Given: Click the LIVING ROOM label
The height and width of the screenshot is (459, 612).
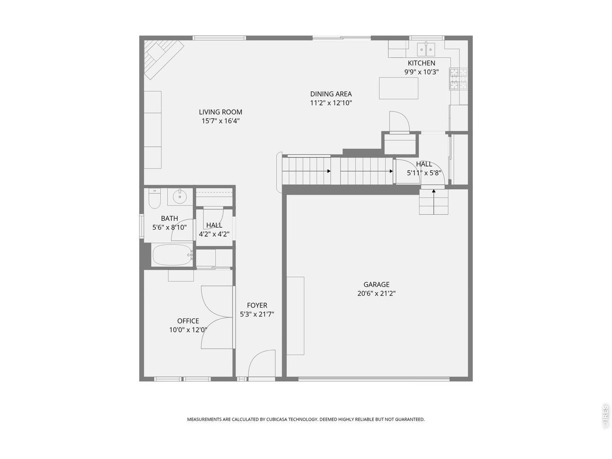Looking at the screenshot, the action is coord(220,112).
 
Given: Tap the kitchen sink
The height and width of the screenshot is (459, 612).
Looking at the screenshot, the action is coord(426,49).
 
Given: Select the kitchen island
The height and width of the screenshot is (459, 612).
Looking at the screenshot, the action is coord(398,88).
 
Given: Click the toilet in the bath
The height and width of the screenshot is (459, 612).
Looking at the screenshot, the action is coord(154,198).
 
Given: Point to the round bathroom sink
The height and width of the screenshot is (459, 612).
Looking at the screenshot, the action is coord(180,197).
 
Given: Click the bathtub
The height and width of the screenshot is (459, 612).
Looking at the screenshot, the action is coord(173,255).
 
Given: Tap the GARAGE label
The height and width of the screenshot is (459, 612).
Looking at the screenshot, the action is coord(376,284).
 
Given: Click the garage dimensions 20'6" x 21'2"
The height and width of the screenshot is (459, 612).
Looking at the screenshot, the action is coord(376,294).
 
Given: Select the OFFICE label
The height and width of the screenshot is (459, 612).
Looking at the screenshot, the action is coord(188,321).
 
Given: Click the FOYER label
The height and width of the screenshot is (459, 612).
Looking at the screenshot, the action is coord(257,305).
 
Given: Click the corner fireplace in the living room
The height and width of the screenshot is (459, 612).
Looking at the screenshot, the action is coord(164,59).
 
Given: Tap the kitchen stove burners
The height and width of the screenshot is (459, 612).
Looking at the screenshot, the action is coord(458,79).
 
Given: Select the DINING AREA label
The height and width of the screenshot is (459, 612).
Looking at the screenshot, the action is coord(331,94).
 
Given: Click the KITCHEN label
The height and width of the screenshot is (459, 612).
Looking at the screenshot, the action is coord(421,63).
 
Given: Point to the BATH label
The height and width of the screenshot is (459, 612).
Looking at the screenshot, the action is coord(169,219).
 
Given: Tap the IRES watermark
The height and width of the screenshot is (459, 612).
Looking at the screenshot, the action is coord(605,416).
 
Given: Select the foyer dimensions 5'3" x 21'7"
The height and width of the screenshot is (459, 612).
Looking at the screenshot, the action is coord(257,314).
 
